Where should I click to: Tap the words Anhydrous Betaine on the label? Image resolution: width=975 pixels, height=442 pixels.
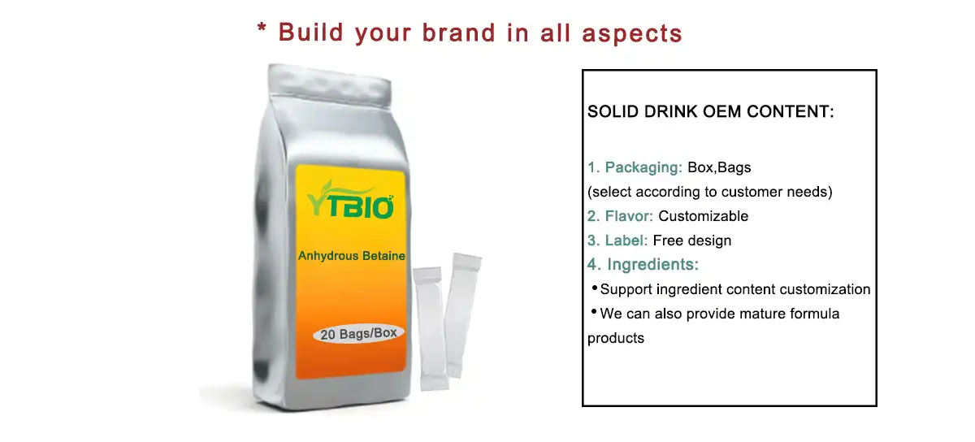(351, 256)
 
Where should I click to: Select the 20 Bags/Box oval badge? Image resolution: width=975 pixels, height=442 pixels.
(357, 333)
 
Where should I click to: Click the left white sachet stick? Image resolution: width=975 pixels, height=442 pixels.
(428, 325)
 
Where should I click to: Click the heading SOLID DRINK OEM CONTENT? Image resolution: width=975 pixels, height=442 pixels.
(710, 112)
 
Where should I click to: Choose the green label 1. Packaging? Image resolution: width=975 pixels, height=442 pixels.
(635, 167)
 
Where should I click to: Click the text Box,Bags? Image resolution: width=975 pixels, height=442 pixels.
(719, 167)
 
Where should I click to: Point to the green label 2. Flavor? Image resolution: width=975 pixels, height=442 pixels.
(621, 216)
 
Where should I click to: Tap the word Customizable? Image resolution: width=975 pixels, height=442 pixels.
(703, 216)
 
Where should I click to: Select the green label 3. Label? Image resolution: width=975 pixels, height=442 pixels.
(617, 240)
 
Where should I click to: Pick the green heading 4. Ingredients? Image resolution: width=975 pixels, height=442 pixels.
(643, 265)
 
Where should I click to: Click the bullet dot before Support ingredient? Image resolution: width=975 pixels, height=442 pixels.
(593, 288)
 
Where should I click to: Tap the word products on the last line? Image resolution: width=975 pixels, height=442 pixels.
(615, 338)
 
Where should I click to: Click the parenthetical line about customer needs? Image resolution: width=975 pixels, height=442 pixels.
(710, 192)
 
